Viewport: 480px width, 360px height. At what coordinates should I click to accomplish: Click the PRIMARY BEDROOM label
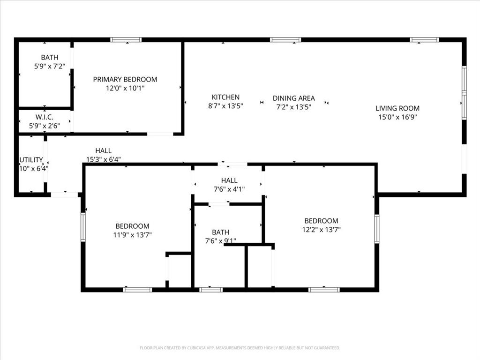125,79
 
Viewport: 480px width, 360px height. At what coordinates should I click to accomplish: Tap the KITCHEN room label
225,97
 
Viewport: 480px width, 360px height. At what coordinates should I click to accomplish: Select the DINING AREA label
294,98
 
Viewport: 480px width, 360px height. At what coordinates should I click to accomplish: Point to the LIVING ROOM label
397,108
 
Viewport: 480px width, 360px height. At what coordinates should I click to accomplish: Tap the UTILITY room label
31,160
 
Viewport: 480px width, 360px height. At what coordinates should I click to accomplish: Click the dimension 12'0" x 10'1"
125,88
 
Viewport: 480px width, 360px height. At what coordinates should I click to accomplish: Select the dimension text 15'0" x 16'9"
397,117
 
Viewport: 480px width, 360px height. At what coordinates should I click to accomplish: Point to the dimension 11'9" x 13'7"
132,235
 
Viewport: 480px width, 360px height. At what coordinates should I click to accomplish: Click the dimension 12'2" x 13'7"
321,230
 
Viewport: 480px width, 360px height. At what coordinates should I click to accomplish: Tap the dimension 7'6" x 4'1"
229,189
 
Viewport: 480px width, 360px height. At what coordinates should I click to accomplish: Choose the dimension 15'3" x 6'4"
103,159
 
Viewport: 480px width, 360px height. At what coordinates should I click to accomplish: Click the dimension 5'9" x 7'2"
49,67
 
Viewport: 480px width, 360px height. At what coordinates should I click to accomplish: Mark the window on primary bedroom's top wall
126,40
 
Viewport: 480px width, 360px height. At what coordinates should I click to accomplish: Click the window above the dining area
285,40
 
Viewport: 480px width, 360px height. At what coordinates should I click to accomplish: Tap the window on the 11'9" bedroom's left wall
83,227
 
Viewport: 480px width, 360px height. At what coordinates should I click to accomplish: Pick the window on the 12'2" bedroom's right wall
376,229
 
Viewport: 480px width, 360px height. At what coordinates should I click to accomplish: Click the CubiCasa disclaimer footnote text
240,348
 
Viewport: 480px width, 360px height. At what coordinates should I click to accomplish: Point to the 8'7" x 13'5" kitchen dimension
225,106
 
